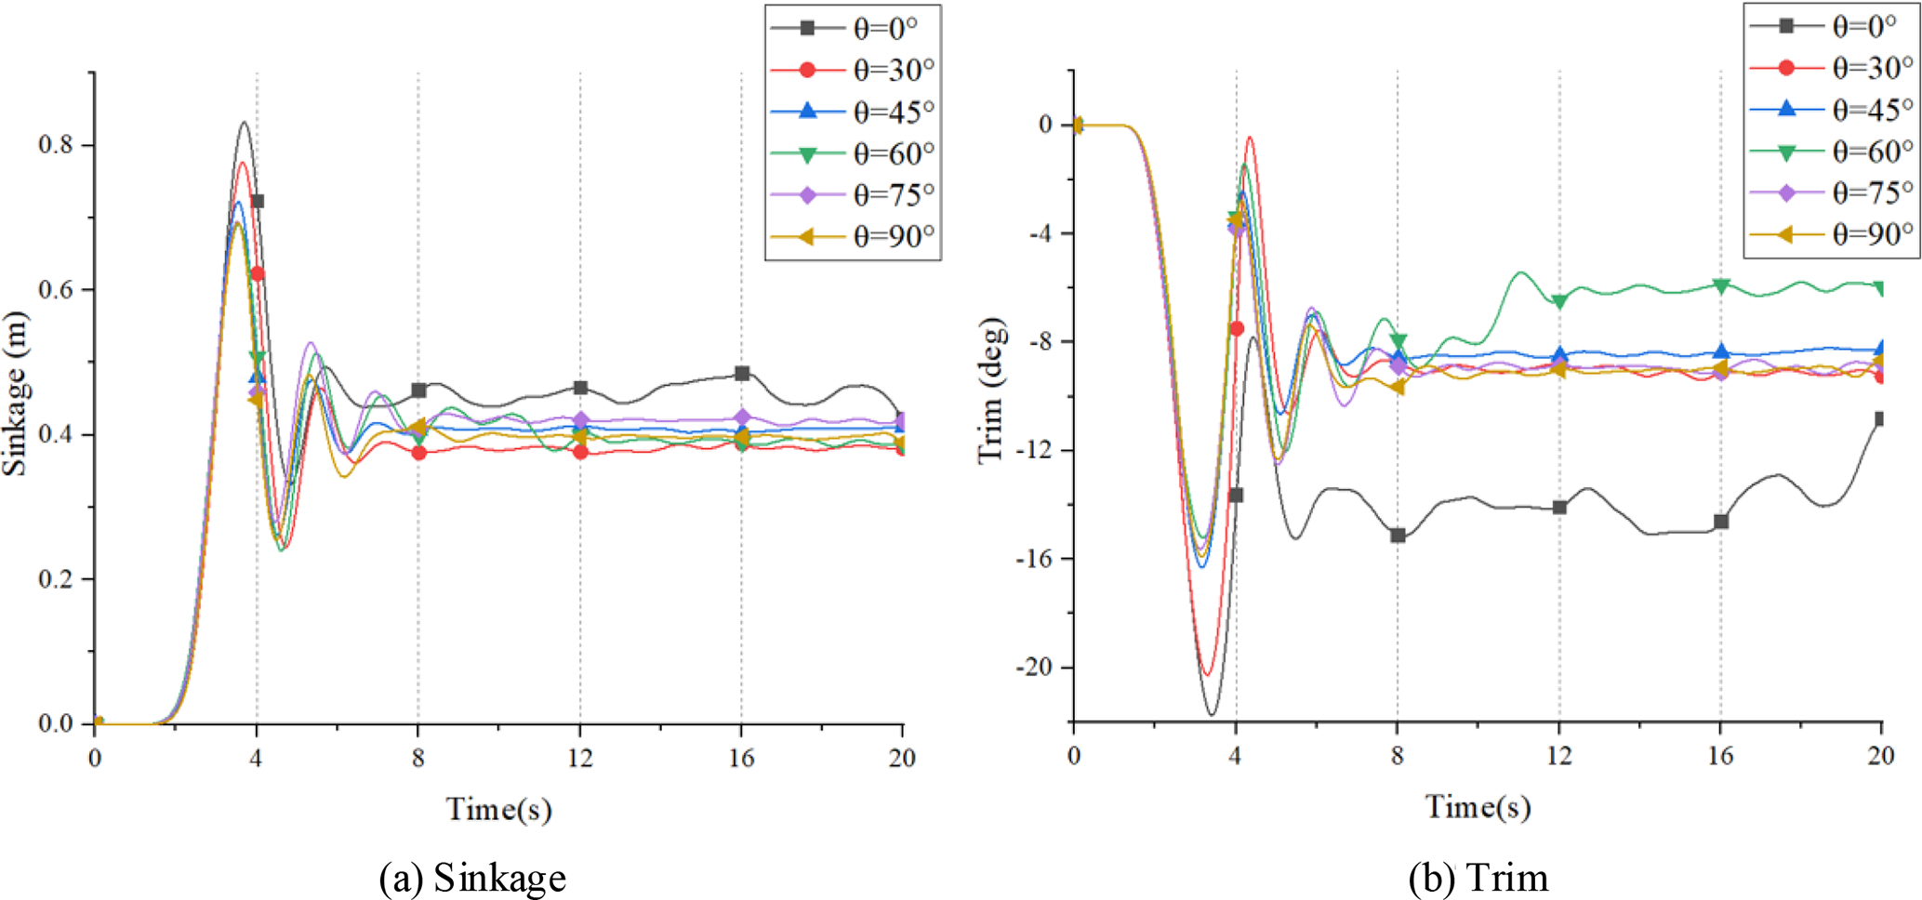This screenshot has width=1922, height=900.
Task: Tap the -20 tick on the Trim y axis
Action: (x=1034, y=668)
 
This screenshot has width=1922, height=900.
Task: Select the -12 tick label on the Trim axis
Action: (x=1034, y=451)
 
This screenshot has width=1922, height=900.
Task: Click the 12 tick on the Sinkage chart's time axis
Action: (x=580, y=759)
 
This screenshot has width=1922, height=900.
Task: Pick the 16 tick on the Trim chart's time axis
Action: (x=1720, y=756)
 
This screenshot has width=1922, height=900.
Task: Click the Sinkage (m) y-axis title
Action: (x=16, y=393)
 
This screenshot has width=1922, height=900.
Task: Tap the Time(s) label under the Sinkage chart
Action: (x=499, y=809)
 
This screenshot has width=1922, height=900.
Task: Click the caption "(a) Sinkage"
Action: (x=472, y=878)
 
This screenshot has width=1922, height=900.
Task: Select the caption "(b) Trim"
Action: (x=1478, y=878)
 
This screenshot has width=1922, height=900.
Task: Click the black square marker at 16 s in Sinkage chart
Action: (x=742, y=374)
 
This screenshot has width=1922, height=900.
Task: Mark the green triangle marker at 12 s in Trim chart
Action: (x=1559, y=301)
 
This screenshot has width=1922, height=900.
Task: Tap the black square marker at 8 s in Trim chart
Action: (x=1398, y=536)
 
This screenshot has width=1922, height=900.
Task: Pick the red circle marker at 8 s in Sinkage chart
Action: (x=419, y=453)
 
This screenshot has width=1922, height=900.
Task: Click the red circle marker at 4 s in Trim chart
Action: (x=1237, y=328)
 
